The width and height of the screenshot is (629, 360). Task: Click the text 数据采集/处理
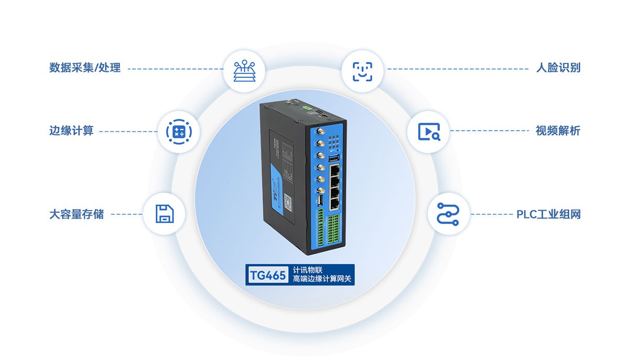click(85, 68)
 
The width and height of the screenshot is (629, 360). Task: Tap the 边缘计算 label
click(71, 131)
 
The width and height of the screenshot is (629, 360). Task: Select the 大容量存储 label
click(77, 214)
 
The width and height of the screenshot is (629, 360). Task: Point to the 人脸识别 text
click(558, 68)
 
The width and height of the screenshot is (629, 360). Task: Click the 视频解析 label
click(558, 131)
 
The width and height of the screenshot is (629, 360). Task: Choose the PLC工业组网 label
click(549, 214)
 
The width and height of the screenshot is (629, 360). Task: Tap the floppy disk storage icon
click(164, 214)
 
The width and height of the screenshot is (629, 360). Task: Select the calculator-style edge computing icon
click(179, 132)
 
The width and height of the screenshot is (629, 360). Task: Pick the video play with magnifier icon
click(429, 131)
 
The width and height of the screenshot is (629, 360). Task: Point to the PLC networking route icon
click(448, 214)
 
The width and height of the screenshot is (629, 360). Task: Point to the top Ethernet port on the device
click(335, 169)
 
